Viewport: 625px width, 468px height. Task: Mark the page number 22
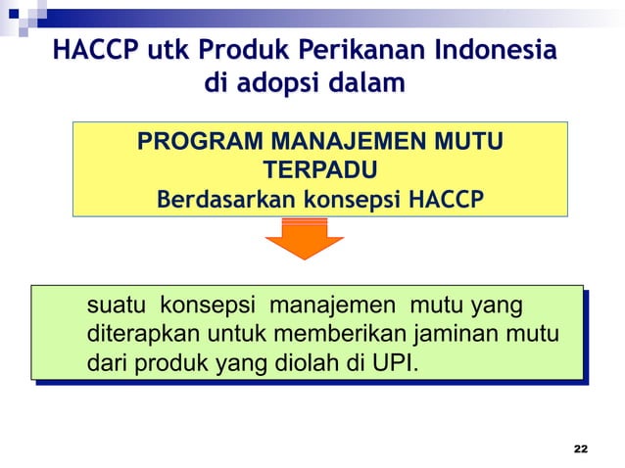pos(581,448)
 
